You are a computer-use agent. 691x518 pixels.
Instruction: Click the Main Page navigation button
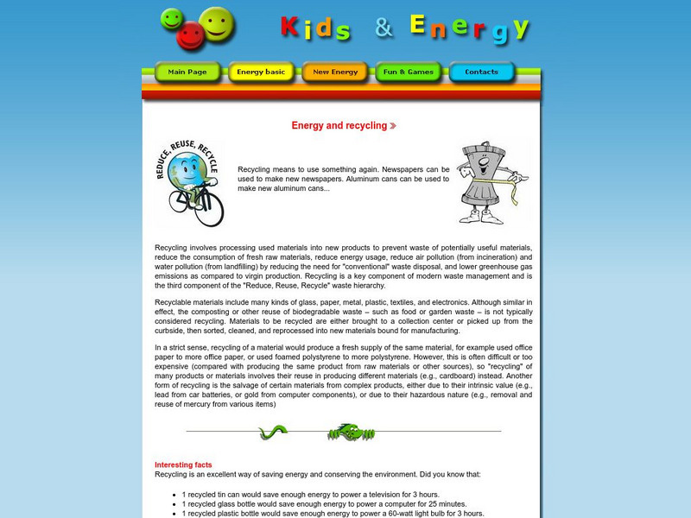(187, 73)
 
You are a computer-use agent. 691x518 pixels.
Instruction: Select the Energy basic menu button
(261, 73)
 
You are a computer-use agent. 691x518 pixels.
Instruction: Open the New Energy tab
(335, 73)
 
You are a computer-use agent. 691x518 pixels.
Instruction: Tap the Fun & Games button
(409, 73)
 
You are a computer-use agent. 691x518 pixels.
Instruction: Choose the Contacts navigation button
(481, 73)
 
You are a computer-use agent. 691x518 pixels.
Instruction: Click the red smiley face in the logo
(191, 35)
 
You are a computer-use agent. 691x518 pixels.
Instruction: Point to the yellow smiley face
(217, 23)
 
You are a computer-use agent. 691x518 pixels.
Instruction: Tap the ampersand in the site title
(384, 28)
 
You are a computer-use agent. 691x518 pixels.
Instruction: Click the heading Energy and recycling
(339, 126)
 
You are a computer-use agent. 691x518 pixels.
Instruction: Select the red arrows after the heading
(393, 126)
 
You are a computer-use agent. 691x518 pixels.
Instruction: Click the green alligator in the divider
(351, 432)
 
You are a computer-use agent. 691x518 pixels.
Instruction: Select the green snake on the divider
(273, 432)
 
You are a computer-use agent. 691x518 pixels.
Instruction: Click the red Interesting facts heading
(183, 464)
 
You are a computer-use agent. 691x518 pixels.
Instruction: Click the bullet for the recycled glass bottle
(174, 504)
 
